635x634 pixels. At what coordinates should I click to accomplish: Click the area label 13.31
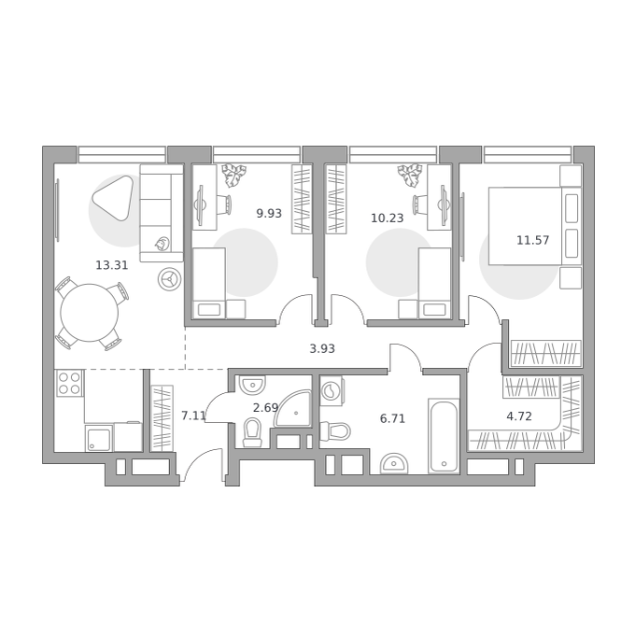pyautogui.click(x=112, y=265)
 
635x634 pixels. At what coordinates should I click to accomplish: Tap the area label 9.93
pyautogui.click(x=269, y=213)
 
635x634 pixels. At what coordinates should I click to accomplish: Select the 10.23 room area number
pyautogui.click(x=388, y=218)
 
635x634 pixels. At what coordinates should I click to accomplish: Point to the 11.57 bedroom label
pyautogui.click(x=533, y=240)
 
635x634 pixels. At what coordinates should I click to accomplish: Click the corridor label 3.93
pyautogui.click(x=322, y=348)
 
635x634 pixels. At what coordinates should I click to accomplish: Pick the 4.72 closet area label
pyautogui.click(x=519, y=416)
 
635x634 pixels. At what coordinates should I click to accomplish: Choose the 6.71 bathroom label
pyautogui.click(x=392, y=418)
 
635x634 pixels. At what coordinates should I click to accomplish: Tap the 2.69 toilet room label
pyautogui.click(x=265, y=408)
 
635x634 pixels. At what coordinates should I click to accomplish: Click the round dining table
pyautogui.click(x=90, y=313)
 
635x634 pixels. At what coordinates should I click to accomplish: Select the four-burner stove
pyautogui.click(x=69, y=383)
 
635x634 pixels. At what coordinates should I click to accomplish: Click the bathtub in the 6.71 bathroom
pyautogui.click(x=444, y=436)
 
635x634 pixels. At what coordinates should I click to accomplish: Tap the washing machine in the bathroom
pyautogui.click(x=332, y=390)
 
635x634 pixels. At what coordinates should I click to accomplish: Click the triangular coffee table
pyautogui.click(x=114, y=197)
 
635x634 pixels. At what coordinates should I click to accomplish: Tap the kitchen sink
pyautogui.click(x=99, y=438)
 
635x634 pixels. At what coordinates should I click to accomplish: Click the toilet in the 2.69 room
pyautogui.click(x=252, y=433)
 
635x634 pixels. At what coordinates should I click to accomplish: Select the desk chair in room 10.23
pyautogui.click(x=419, y=204)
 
